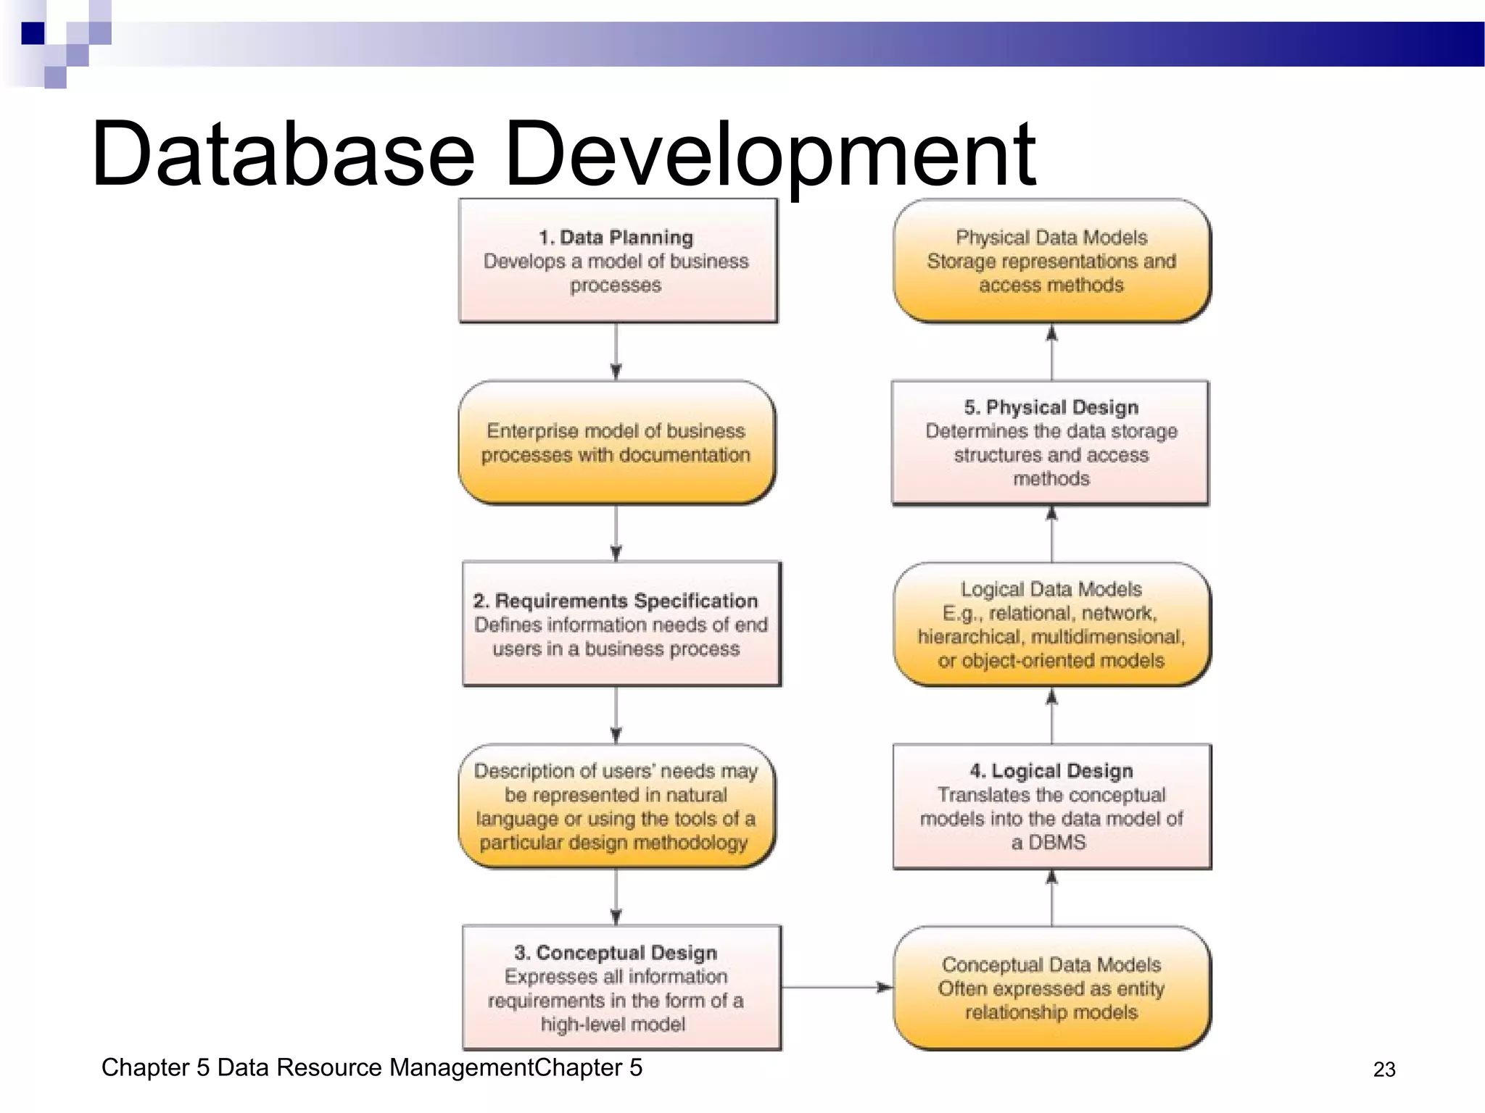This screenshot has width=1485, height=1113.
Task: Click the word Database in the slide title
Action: pos(283,154)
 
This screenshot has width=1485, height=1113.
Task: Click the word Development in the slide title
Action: pos(769,154)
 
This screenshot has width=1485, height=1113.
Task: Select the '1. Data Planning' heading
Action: pos(616,238)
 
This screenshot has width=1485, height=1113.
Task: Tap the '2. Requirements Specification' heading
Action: pos(616,601)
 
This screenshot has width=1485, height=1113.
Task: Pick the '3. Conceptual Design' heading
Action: pos(616,952)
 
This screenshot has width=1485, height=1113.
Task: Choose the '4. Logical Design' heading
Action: pos(1051,771)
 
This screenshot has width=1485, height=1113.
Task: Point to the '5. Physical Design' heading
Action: pos(1051,407)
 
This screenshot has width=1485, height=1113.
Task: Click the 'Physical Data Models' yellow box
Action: pos(1051,261)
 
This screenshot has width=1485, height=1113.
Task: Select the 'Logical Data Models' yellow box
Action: pos(1051,625)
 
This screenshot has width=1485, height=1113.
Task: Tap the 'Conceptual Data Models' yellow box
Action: pos(1051,988)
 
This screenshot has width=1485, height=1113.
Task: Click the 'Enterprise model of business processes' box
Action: pos(616,443)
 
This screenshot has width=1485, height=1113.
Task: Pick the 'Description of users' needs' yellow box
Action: pos(616,806)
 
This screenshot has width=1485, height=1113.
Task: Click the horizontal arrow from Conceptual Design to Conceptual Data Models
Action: pos(837,987)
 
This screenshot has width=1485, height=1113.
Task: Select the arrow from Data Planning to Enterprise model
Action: pos(616,351)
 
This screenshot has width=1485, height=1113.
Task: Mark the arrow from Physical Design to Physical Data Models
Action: pos(1051,352)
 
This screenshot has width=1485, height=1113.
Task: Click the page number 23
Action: pos(1383,1070)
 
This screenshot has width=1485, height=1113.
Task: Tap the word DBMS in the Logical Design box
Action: pos(1058,842)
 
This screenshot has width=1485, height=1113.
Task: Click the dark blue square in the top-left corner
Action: pos(33,33)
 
